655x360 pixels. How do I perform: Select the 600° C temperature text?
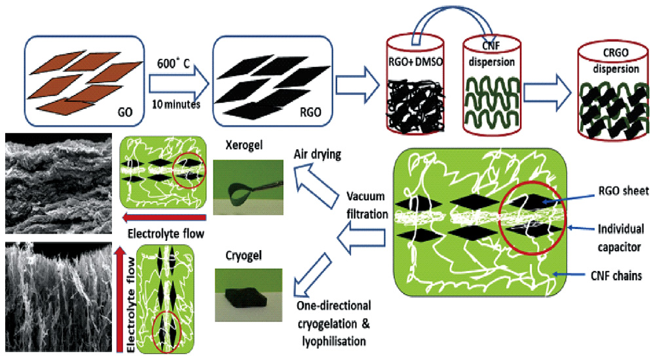click(x=172, y=56)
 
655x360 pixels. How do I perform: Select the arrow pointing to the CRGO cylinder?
click(x=543, y=84)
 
